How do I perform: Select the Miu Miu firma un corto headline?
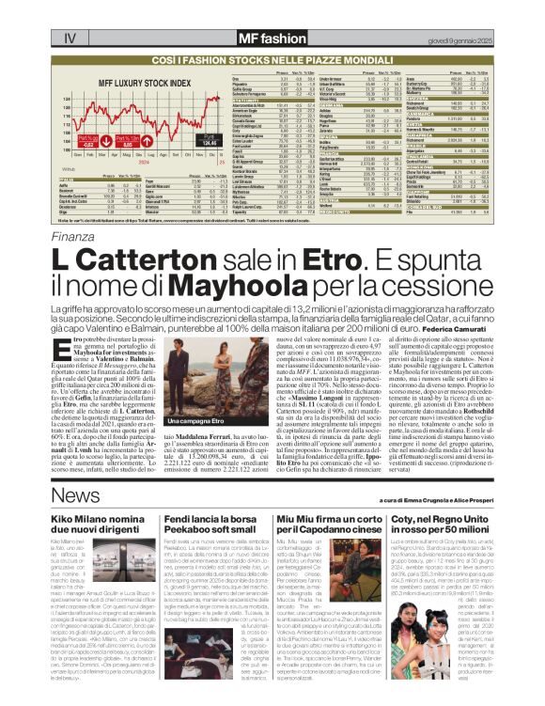325,526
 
